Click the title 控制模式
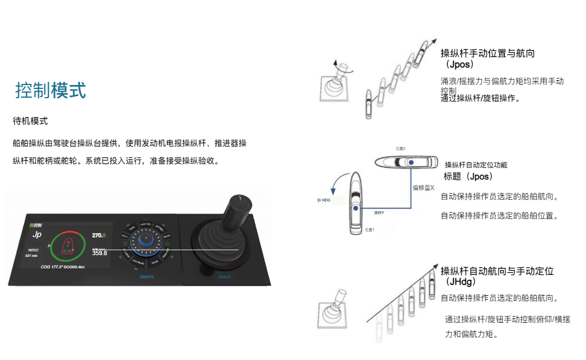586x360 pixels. [51, 91]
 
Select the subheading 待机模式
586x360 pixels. [30, 121]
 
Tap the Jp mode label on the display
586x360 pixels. [37, 235]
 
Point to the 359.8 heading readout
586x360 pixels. [99, 253]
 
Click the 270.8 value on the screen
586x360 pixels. [99, 235]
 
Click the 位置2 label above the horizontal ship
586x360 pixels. [400, 148]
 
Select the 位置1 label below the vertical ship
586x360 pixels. [369, 230]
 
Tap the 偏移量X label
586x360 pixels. [423, 188]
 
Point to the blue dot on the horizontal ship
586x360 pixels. [410, 162]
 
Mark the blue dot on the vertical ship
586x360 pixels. [356, 209]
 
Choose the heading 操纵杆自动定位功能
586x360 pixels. [476, 165]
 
